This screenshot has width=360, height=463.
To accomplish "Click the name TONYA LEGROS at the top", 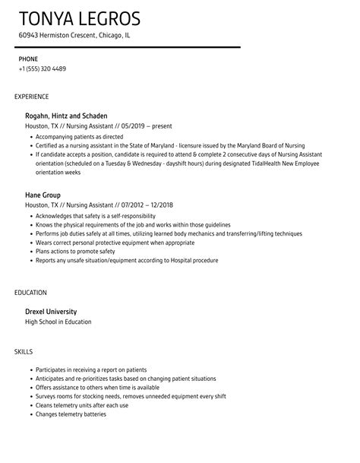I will (x=81, y=18).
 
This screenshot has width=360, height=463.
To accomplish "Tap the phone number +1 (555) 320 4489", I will (x=43, y=68).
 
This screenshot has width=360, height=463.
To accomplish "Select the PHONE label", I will (x=28, y=59).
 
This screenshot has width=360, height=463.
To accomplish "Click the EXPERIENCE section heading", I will (x=32, y=97).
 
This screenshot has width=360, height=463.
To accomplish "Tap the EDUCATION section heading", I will (x=30, y=292).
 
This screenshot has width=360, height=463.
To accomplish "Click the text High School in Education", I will (x=58, y=322).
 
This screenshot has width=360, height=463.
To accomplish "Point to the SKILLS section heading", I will (x=24, y=350).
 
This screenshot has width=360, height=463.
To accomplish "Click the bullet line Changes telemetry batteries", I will (x=71, y=414).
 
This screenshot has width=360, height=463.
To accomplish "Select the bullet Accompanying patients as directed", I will (x=81, y=137).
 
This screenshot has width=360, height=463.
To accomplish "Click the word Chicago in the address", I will (x=112, y=35).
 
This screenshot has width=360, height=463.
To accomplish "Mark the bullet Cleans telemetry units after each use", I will (x=83, y=404).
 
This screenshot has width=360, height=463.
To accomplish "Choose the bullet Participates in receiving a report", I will (x=90, y=369).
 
